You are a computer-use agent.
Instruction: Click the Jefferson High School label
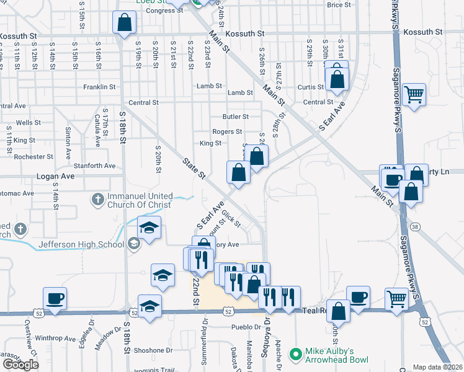(x=81, y=244)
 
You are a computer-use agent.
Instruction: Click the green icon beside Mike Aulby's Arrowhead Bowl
(x=297, y=355)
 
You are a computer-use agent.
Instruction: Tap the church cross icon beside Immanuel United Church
(x=97, y=200)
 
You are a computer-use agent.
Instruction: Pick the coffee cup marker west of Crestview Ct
(x=55, y=298)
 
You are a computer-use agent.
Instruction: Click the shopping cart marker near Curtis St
(x=413, y=95)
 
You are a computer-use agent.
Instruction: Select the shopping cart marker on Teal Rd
(x=396, y=298)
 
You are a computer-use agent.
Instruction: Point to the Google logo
(x=20, y=365)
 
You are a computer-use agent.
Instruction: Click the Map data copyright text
(x=438, y=367)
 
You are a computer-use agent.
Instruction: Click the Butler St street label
(x=236, y=117)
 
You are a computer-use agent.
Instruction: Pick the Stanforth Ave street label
(x=96, y=166)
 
